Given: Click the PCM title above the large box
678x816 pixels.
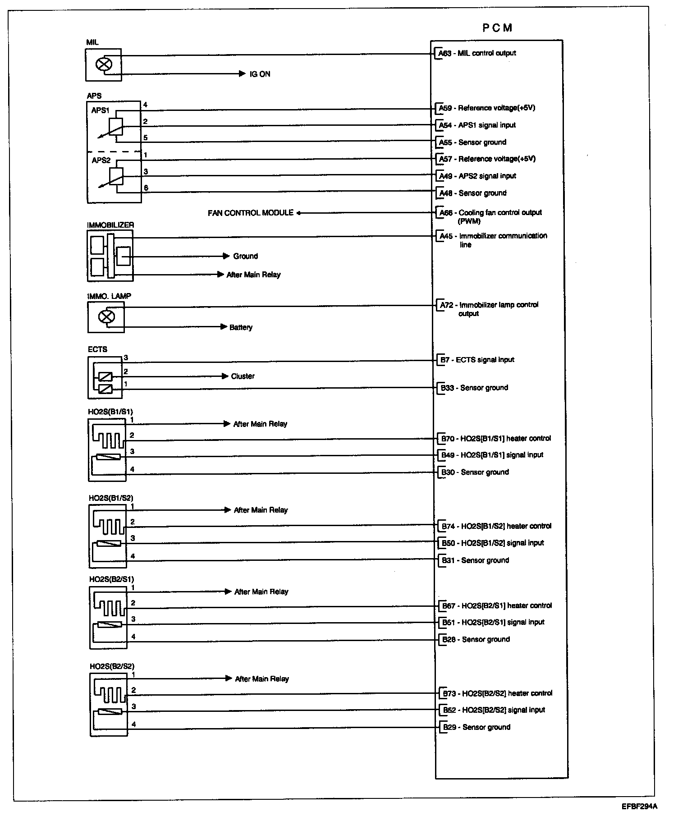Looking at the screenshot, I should (x=497, y=28).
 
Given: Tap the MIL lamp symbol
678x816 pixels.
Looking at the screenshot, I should (x=104, y=64).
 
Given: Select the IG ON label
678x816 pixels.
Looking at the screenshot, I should (x=260, y=74).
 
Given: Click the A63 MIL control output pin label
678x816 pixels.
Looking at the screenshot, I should (x=477, y=53).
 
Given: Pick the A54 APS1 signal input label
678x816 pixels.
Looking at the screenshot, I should (x=477, y=125).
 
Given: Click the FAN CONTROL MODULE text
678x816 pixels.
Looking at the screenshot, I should (x=251, y=213).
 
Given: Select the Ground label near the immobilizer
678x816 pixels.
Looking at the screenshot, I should (x=246, y=256).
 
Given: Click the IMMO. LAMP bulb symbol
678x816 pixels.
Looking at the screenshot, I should (x=106, y=317).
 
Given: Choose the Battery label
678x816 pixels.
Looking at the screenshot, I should (x=241, y=327).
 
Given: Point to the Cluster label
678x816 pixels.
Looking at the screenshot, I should (x=243, y=376).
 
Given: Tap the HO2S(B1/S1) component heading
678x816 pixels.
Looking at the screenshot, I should (x=110, y=412).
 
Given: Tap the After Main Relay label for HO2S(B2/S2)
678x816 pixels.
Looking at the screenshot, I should (x=262, y=679).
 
